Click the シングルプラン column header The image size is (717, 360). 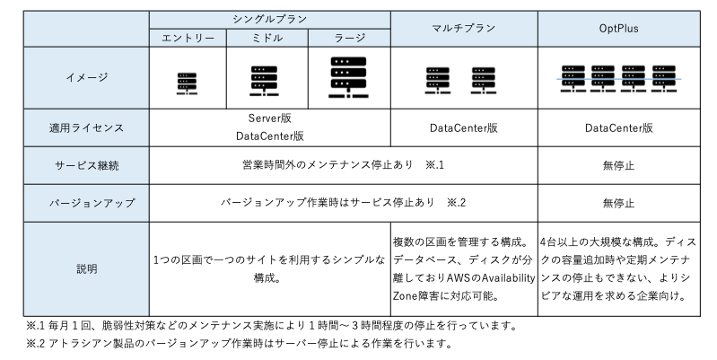(269, 20)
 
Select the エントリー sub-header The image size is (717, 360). (188, 38)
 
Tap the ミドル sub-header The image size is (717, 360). (267, 38)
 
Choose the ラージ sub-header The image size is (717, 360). (349, 38)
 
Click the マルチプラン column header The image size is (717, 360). (464, 29)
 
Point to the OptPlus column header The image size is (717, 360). (618, 29)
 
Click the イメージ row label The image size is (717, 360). (86, 77)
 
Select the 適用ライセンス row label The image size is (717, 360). (86, 127)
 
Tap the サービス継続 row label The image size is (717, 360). (86, 165)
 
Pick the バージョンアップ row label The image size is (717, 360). (86, 203)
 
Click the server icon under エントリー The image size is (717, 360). (187, 82)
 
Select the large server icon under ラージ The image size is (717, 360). (349, 75)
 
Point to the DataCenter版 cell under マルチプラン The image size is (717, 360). (464, 127)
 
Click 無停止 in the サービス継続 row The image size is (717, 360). (618, 165)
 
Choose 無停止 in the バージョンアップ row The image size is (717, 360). (618, 203)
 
